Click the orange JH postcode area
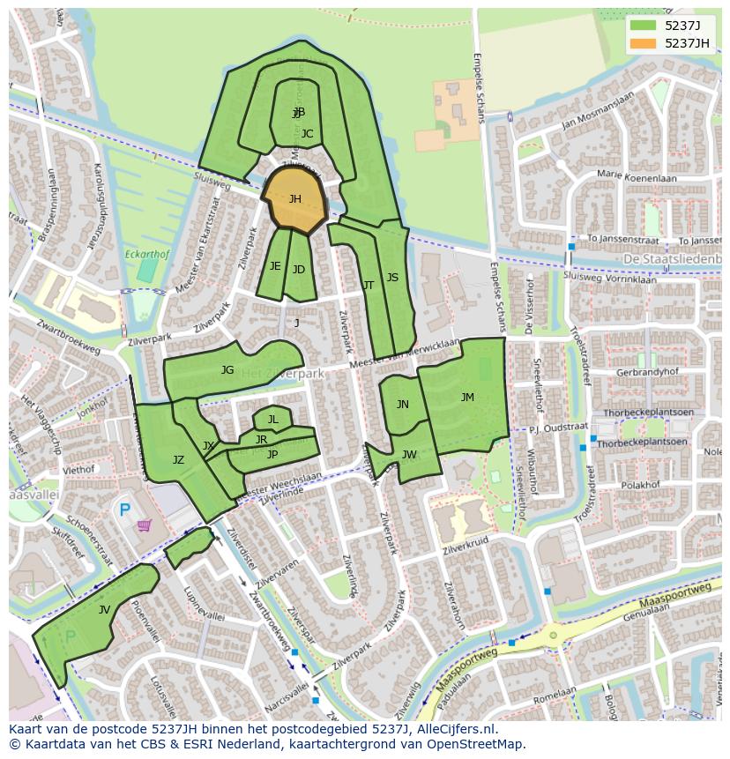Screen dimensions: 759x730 pos(294,200)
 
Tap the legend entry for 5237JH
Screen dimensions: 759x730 pos(686,43)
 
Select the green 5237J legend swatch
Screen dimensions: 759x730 pos(643,26)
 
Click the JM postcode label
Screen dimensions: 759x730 pos(467,398)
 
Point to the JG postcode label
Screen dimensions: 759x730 pos(227,370)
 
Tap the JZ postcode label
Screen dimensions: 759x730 pos(178,460)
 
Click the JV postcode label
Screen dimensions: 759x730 pos(104,610)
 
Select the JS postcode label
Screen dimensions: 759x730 pos(392,278)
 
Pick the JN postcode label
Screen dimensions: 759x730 pos(402,405)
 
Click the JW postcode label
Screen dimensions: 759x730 pos(409,455)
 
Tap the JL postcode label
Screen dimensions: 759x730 pos(272,420)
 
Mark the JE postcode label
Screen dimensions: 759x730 pos(275,266)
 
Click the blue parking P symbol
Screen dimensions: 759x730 pos(124,509)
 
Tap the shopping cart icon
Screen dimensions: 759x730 pos(144,525)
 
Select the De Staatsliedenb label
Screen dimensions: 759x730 pos(672,258)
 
